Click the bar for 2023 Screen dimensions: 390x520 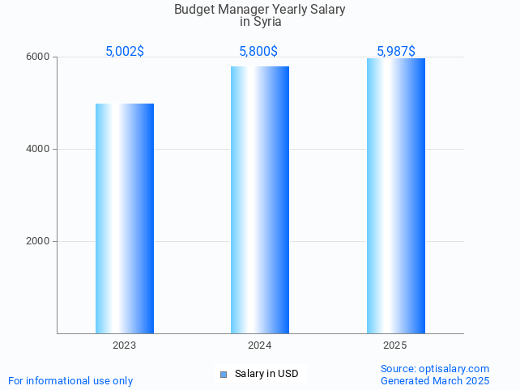pos(125,218)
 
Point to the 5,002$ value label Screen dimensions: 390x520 pos(125,51)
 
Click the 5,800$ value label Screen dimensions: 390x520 pos(258,51)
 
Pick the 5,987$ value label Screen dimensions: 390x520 pos(396,51)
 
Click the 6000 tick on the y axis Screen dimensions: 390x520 pos(39,57)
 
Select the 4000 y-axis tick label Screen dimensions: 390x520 pos(39,150)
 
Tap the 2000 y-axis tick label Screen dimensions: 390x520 pos(39,241)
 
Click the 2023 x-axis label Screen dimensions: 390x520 pos(125,345)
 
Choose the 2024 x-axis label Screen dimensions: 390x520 pos(260,345)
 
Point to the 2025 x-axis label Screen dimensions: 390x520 pos(395,345)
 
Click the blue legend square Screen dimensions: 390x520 pos(224,374)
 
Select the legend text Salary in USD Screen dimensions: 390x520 pos(266,374)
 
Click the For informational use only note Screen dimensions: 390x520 pos(70,380)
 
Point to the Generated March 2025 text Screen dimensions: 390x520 pos(435,380)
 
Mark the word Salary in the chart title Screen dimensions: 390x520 pos(326,10)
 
